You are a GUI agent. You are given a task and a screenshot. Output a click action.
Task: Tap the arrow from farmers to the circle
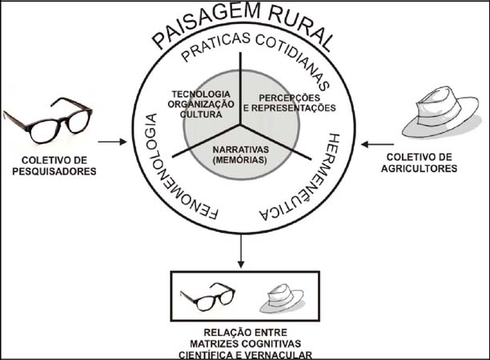[372, 144]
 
